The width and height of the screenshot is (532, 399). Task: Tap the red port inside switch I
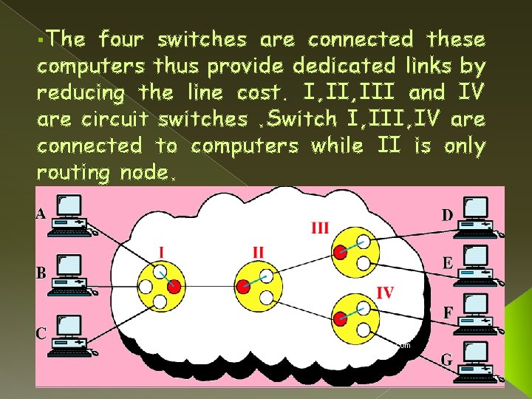pos(174,287)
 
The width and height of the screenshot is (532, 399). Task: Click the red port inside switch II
pos(244,287)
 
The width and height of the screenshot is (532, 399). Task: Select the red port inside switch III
pos(340,252)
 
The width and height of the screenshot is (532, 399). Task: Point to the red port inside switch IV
pos(339,319)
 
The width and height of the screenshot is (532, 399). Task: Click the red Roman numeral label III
pos(319,228)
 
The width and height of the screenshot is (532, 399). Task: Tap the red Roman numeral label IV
pos(386,293)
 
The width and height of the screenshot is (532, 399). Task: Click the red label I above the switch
pos(161,253)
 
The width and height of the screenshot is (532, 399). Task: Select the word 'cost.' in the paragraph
pos(263,93)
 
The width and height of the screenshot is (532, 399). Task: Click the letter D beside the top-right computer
pos(448,215)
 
